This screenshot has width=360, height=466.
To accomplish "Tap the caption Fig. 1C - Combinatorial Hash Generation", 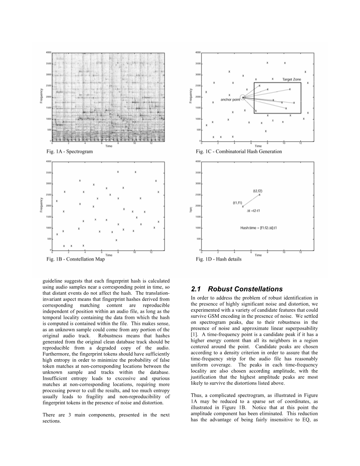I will click(x=239, y=151).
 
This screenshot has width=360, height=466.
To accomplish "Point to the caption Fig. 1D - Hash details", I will click(x=219, y=259).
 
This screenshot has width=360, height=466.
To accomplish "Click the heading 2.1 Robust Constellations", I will click(x=237, y=289).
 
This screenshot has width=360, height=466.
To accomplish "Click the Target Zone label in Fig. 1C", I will click(x=292, y=79).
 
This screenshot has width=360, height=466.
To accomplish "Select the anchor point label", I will click(x=230, y=100).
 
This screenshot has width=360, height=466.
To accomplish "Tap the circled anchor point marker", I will click(x=243, y=97).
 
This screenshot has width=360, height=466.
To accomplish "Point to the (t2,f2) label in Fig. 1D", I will click(x=258, y=191).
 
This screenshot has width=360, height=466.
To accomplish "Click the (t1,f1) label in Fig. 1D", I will click(x=237, y=203).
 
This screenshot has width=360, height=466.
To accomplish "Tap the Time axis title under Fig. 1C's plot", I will click(x=258, y=146).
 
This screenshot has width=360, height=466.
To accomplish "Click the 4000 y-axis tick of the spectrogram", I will click(x=49, y=52).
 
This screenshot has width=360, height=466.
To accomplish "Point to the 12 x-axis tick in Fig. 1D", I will click(x=300, y=252).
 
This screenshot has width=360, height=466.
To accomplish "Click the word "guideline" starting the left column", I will click(x=51, y=281).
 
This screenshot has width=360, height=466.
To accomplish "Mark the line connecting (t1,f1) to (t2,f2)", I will click(x=251, y=200).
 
